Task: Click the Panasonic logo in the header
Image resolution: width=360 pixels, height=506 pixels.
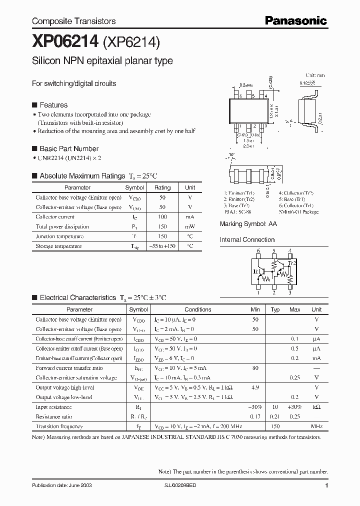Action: click(295, 20)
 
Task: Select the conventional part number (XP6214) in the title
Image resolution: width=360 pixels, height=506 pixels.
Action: click(131, 43)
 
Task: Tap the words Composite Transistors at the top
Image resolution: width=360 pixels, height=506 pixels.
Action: click(74, 21)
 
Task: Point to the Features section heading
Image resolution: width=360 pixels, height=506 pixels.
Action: click(53, 105)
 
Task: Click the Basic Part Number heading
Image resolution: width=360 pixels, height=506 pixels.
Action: click(69, 148)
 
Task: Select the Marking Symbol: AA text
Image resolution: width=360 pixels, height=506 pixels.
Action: click(248, 224)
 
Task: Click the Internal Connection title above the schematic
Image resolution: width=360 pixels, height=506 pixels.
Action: click(247, 240)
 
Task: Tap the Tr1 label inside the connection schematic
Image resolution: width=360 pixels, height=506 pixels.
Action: click(257, 272)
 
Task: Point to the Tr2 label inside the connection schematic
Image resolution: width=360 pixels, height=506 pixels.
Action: click(292, 263)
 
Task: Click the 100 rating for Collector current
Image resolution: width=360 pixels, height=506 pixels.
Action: click(162, 217)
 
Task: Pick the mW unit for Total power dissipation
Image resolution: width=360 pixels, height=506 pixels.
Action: click(190, 226)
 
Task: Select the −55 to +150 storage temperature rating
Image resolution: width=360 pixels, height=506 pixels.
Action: click(162, 246)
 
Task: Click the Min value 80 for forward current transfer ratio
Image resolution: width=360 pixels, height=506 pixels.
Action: click(255, 368)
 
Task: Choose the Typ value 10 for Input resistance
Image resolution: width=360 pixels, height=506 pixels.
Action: click(275, 407)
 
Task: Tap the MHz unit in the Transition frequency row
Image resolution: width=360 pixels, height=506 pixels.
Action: click(316, 426)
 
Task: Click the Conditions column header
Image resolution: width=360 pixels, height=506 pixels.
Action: click(198, 309)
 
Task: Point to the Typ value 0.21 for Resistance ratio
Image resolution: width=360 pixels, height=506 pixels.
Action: click(275, 416)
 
